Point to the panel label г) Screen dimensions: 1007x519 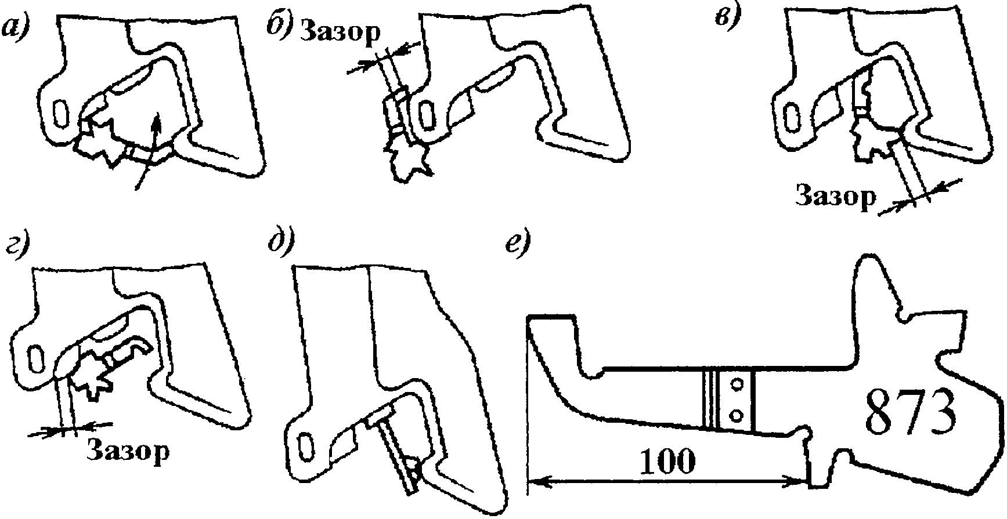(x=18, y=247)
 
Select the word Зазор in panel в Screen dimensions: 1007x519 (x=835, y=197)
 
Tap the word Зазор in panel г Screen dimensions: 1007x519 (x=128, y=450)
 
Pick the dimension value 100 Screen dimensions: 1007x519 (x=668, y=463)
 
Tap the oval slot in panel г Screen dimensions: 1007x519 (x=35, y=356)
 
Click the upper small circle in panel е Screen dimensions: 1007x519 (x=738, y=384)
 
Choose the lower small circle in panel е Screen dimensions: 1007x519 (x=738, y=414)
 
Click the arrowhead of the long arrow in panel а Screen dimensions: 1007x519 (x=156, y=119)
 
